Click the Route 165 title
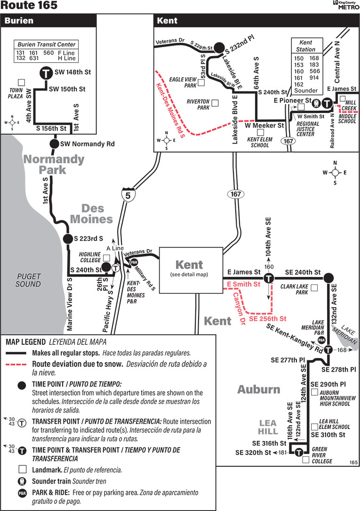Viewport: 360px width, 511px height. click(29, 6)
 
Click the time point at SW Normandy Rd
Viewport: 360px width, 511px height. click(54, 144)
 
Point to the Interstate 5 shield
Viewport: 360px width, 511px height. click(127, 195)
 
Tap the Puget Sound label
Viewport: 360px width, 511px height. click(29, 280)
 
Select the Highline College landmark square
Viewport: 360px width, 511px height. click(106, 258)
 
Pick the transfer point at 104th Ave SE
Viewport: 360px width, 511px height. click(268, 278)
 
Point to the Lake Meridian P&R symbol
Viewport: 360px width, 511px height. click(322, 340)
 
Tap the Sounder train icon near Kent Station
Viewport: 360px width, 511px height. click(317, 102)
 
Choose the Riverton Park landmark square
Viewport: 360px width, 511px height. click(215, 102)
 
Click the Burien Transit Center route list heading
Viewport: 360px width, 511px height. click(46, 44)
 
